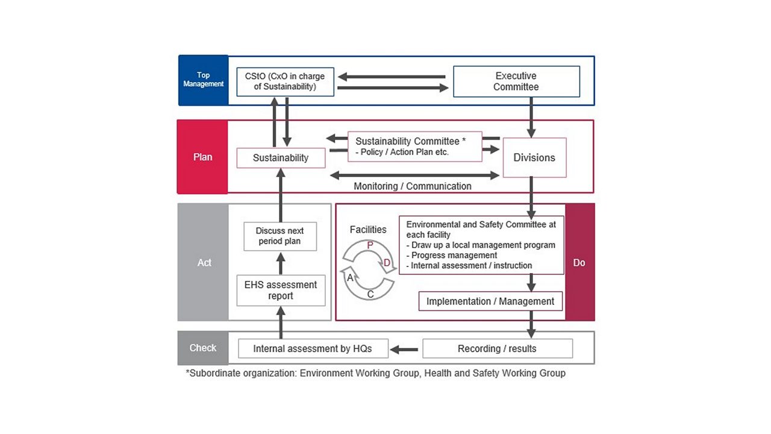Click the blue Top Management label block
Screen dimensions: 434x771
[x=203, y=80]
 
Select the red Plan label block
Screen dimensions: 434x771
[x=202, y=157]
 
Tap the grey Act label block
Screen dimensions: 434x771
[x=204, y=262]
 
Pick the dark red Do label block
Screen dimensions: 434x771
[x=579, y=262]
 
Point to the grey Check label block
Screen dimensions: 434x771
[x=202, y=348]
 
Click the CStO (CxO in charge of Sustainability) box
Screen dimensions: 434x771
[x=285, y=81]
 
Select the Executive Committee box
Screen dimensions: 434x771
[x=516, y=81]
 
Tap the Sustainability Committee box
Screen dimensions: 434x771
[x=414, y=146]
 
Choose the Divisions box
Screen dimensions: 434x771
[x=534, y=157]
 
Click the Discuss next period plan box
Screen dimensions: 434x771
[x=279, y=236]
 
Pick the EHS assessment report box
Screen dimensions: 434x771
[x=281, y=291]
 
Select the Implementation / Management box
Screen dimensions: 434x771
[x=490, y=301]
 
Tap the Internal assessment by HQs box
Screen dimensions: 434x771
[x=313, y=348]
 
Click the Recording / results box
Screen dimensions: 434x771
[x=497, y=348]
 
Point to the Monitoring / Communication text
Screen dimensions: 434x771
[x=413, y=186]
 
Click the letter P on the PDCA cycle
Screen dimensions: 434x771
[x=370, y=245]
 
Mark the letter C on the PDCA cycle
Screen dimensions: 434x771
[x=370, y=294]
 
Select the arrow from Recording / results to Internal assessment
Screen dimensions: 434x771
[x=405, y=348]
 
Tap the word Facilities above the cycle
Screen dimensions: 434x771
[x=368, y=230]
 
